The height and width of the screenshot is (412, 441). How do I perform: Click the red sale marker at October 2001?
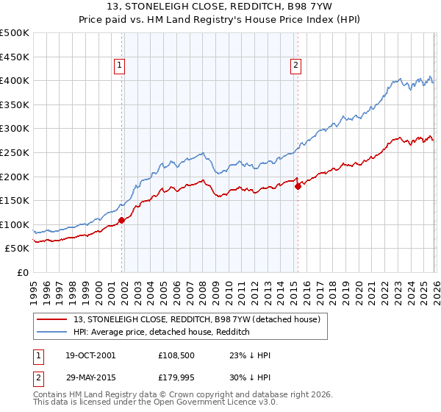pyautogui.click(x=121, y=220)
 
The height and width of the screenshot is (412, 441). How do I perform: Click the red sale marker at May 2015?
pyautogui.click(x=298, y=186)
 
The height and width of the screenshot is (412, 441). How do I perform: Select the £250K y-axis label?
pyautogui.click(x=15, y=152)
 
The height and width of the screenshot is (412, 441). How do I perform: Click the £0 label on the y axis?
pyautogui.click(x=22, y=272)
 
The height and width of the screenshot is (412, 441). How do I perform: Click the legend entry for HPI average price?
pyautogui.click(x=162, y=333)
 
